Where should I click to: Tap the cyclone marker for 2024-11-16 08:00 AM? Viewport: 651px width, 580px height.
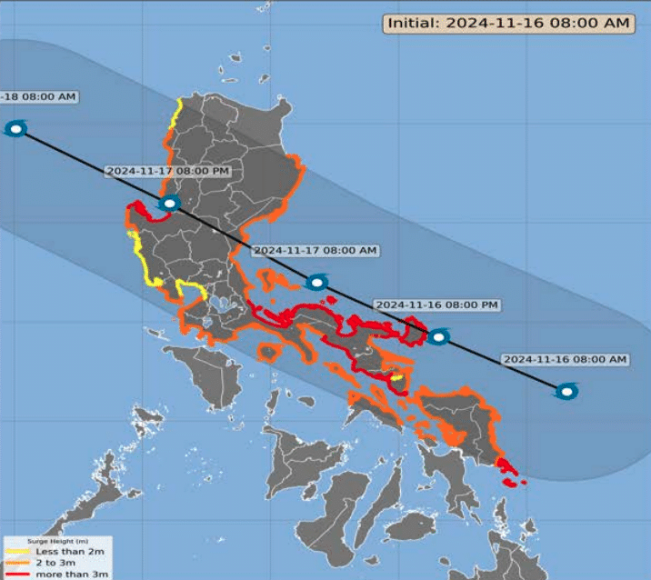coord(567,392)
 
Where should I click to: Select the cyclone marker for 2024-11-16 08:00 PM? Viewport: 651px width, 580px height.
coord(438,336)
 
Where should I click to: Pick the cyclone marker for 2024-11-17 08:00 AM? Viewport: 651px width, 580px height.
coord(316,283)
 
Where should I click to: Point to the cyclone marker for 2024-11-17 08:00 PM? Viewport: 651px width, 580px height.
coord(169,205)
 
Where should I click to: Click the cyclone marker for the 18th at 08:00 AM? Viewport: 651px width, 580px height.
coord(15,128)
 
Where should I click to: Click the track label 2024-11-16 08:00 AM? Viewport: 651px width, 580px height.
coord(566,359)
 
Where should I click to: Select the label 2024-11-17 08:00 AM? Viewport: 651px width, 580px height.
coord(315,250)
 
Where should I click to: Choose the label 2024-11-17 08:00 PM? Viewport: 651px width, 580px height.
coord(167,171)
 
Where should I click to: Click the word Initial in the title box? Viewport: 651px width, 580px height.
coord(411,24)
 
